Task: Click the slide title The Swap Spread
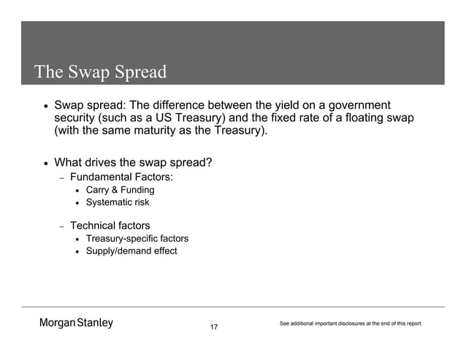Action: [101, 73]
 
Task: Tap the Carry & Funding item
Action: [120, 191]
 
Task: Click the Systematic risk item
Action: [117, 203]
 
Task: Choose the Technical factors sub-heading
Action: [110, 226]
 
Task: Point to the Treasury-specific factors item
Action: [137, 239]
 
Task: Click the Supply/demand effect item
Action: [131, 252]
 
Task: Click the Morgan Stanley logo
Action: [76, 323]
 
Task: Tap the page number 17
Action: [214, 326]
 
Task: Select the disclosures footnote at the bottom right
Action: [351, 323]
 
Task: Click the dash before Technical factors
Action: [62, 226]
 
